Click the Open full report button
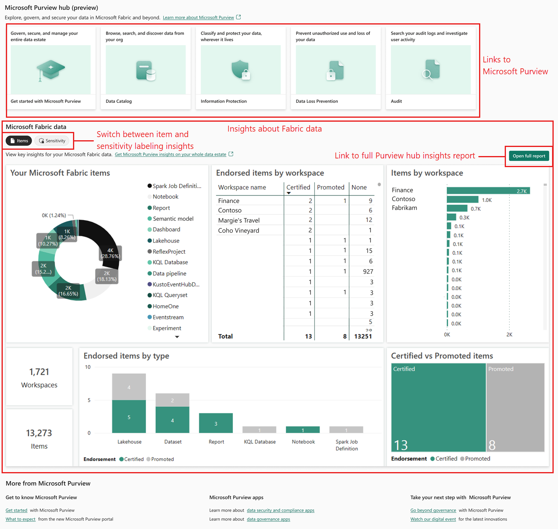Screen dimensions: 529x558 529,156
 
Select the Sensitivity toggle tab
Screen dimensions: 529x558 52,141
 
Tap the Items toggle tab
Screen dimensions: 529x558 19,141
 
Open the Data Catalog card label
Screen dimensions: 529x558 119,102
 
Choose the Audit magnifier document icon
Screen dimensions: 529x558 431,70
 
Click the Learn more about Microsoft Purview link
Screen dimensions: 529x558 198,18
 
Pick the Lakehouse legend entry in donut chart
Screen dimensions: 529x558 166,241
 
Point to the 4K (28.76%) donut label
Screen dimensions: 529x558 110,253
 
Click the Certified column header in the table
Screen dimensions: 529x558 298,187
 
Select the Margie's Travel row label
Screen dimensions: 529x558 239,220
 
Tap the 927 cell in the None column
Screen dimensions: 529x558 368,271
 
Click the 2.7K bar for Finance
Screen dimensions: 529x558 488,191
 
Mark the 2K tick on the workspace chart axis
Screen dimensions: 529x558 509,335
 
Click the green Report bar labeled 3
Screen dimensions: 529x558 216,423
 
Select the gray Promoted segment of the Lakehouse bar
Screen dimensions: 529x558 129,387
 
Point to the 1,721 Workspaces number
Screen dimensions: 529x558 39,372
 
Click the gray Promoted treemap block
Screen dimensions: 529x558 515,407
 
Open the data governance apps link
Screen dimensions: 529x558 268,520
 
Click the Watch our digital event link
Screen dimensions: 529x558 433,520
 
